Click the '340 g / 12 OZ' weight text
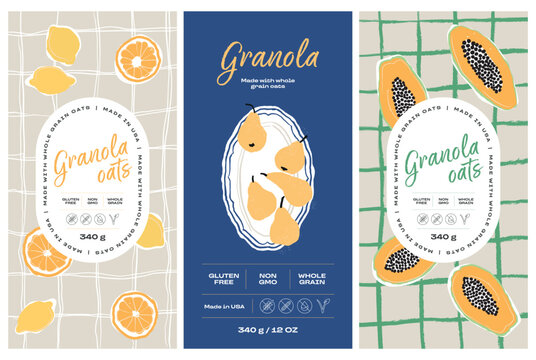(x=267, y=331)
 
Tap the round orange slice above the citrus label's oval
(x=133, y=57)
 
